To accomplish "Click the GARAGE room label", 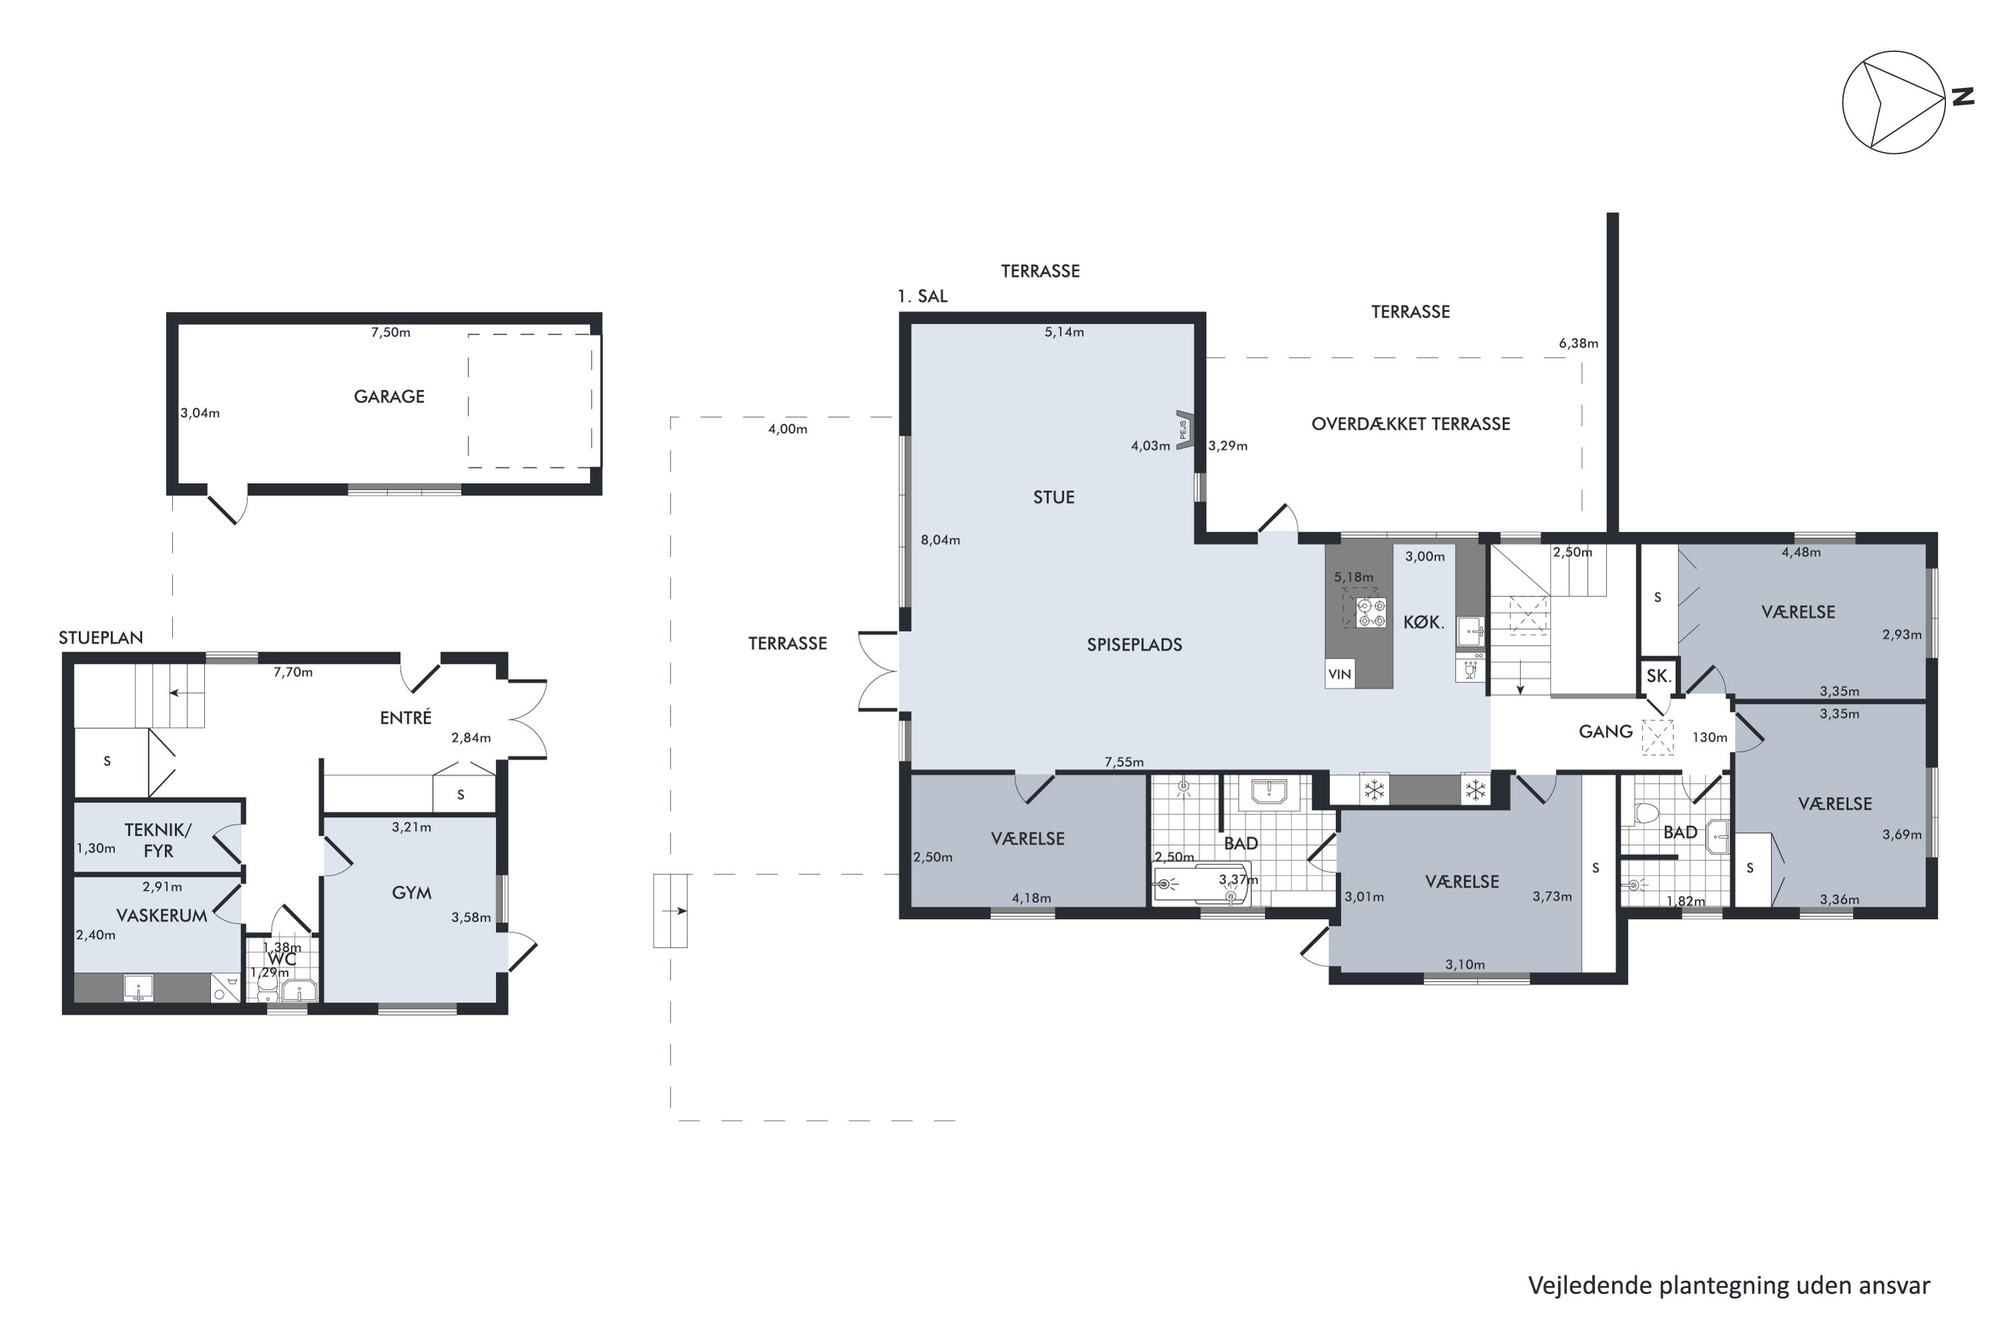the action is [x=389, y=396].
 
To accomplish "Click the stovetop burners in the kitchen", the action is [x=1371, y=612].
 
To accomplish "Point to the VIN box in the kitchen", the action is [x=1340, y=674].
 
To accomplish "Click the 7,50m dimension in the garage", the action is [x=390, y=333].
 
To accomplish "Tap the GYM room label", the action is [x=411, y=892].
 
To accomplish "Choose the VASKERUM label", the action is [x=161, y=915].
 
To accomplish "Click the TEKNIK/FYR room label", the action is [x=158, y=840].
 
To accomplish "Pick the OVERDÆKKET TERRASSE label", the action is [x=1411, y=424].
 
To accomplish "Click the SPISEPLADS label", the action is [x=1134, y=645].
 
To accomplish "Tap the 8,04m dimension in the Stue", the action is [x=940, y=540].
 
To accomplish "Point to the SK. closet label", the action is [x=1659, y=676].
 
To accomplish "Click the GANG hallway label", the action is [x=1606, y=732].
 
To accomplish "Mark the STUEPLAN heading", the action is [x=101, y=638].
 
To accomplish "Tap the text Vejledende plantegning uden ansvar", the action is [x=1729, y=1285].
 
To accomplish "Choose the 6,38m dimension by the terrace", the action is [x=1578, y=344].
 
